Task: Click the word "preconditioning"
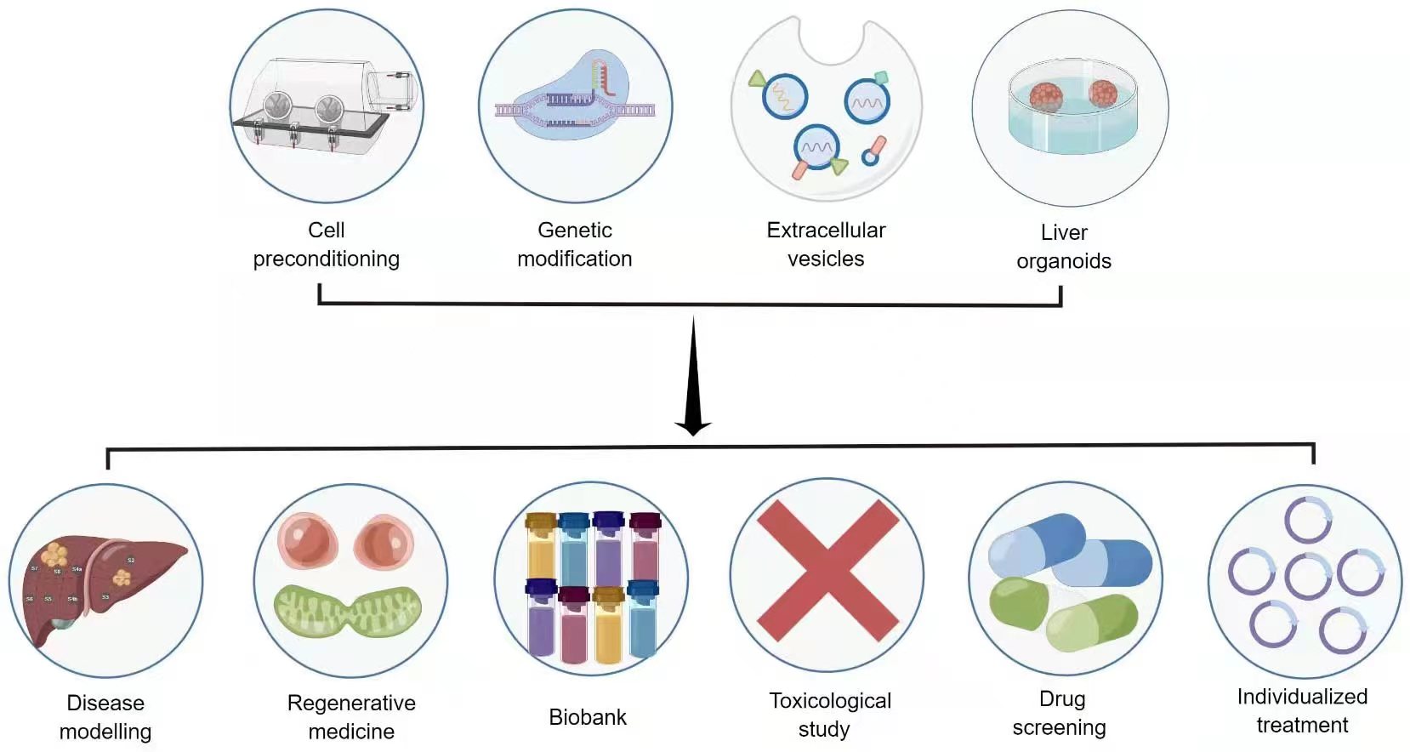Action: (x=326, y=259)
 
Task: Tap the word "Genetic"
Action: (x=574, y=230)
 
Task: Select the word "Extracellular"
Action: (x=825, y=230)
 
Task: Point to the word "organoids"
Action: (x=1063, y=261)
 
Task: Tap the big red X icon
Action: (x=827, y=571)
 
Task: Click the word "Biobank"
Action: (x=587, y=717)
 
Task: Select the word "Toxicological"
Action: (x=829, y=701)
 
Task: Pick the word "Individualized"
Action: (x=1301, y=697)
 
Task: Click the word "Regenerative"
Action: (x=351, y=703)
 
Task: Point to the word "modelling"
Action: (x=105, y=732)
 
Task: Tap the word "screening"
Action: (x=1059, y=727)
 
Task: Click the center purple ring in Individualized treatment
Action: (x=1306, y=576)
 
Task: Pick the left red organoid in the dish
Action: (x=1045, y=96)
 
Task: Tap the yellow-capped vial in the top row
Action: (x=541, y=544)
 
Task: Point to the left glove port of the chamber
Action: (x=277, y=107)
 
